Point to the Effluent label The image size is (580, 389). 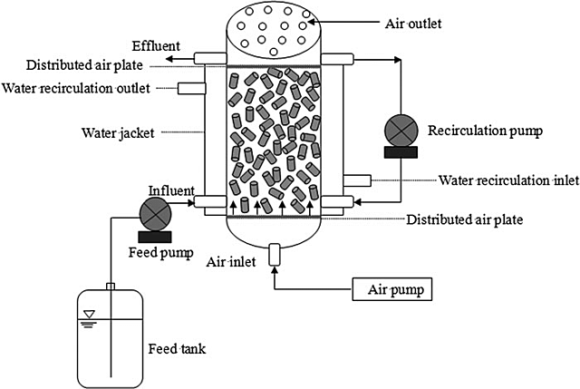click(x=157, y=44)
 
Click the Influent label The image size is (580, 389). click(x=166, y=191)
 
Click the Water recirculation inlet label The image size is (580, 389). click(x=508, y=180)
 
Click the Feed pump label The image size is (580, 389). click(x=161, y=252)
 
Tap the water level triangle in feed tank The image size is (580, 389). click(x=88, y=316)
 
